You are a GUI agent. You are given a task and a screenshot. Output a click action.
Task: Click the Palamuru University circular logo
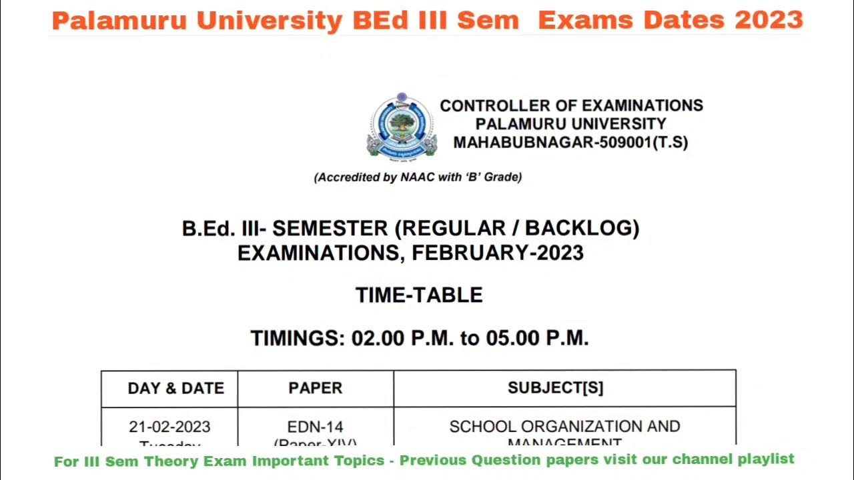[x=401, y=125]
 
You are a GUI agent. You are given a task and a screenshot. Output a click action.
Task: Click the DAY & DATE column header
[x=175, y=389]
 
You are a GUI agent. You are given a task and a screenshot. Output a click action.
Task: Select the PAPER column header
[x=315, y=389]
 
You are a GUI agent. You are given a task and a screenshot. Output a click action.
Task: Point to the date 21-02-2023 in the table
[x=169, y=427]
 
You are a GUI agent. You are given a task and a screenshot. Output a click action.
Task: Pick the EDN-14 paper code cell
[x=315, y=427]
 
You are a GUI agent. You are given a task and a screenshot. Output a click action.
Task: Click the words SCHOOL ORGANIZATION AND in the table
[x=564, y=427]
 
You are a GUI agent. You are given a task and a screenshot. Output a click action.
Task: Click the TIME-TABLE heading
[x=419, y=295]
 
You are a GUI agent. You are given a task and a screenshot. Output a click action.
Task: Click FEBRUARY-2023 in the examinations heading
[x=498, y=253]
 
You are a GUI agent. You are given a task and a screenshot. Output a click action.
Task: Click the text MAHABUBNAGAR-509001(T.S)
[x=570, y=143]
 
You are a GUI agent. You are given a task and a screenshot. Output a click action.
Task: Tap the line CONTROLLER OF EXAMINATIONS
[x=571, y=106]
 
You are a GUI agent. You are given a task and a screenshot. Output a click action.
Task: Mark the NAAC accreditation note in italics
[x=418, y=177]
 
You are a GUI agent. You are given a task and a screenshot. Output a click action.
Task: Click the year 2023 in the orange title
[x=769, y=20]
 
